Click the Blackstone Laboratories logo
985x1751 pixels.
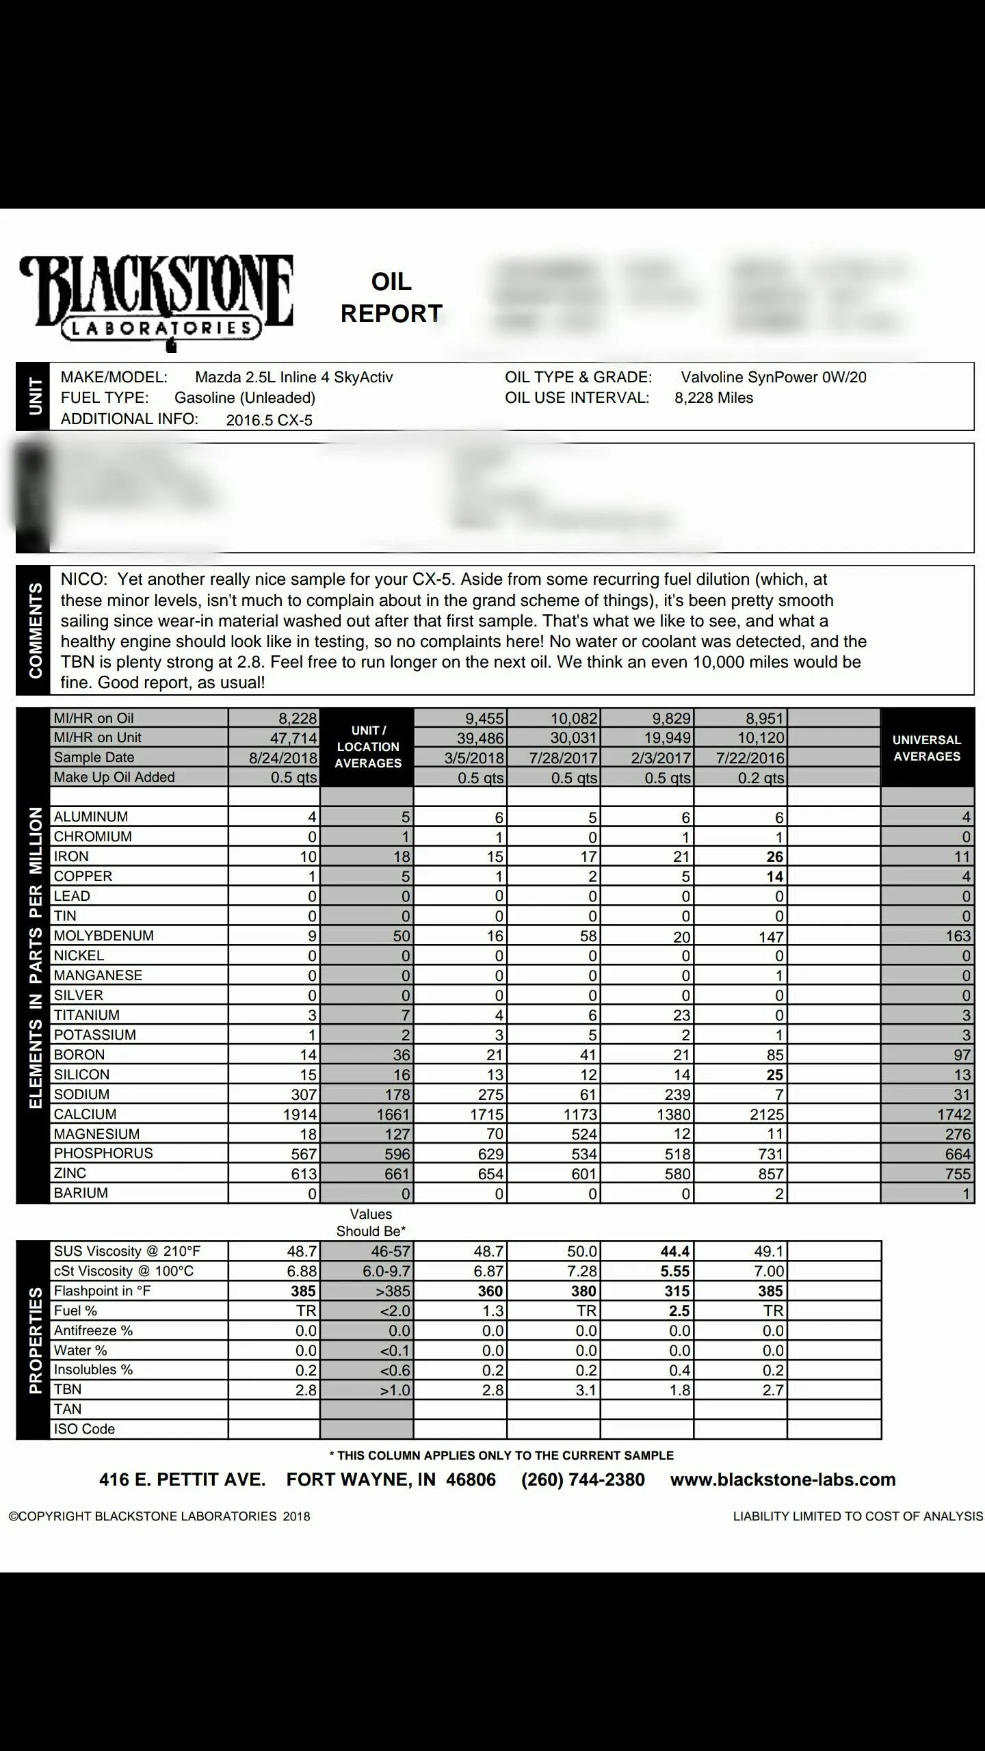157,302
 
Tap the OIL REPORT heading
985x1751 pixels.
391,298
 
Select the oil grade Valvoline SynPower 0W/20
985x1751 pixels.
773,377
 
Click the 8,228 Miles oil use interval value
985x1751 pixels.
713,398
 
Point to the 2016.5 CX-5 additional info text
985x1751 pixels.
269,420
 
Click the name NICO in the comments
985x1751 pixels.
83,579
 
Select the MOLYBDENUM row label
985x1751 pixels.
104,936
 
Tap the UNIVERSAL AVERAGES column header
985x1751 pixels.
927,748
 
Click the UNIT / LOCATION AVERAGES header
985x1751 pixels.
368,747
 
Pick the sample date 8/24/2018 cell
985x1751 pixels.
283,758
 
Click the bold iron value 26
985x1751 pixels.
774,856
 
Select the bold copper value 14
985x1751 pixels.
774,876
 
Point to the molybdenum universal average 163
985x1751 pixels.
958,936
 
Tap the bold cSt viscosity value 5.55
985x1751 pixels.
674,1271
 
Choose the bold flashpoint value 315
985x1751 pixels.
677,1291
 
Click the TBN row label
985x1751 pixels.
68,1389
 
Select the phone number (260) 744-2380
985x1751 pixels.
583,1479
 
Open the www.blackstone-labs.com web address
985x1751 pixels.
783,1479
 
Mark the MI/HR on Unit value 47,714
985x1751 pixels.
293,738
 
